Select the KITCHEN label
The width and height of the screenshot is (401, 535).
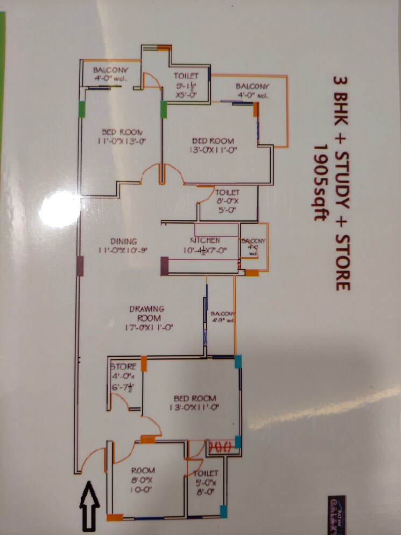[205, 240]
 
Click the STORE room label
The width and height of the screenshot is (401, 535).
[123, 367]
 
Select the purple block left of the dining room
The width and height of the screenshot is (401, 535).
[80, 266]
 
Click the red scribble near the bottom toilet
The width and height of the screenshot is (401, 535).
[219, 446]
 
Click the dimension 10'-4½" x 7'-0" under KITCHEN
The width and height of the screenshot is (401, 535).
[206, 251]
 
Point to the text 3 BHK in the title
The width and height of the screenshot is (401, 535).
[341, 102]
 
